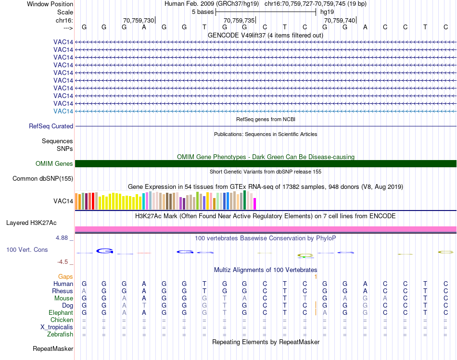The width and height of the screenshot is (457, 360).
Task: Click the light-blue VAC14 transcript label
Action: (x=63, y=111)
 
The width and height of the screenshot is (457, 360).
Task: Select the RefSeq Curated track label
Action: (x=51, y=126)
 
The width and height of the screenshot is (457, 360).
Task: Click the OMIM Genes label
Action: (x=54, y=164)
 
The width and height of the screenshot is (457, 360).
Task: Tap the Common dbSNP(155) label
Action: (x=43, y=179)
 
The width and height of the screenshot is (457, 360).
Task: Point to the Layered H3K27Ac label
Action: (x=31, y=223)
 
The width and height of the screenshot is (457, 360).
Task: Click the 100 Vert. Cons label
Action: (x=27, y=250)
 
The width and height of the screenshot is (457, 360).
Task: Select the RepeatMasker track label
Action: (x=53, y=348)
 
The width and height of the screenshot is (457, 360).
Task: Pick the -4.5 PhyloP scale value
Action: (x=63, y=262)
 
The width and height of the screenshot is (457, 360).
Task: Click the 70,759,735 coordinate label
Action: (x=239, y=20)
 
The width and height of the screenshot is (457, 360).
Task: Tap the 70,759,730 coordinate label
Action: (x=139, y=20)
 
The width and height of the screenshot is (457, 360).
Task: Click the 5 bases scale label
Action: (x=203, y=12)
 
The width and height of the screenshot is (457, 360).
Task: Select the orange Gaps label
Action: (x=65, y=277)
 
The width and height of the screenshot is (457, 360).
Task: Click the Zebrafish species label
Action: (x=60, y=335)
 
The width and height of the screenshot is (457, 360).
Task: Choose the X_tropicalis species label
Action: (x=57, y=327)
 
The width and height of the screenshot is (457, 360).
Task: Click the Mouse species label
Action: (x=63, y=298)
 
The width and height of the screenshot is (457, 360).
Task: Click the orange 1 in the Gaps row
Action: (x=316, y=277)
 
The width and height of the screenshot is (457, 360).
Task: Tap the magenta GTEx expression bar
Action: (x=255, y=204)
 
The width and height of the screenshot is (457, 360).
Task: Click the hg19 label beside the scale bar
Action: (x=327, y=12)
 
